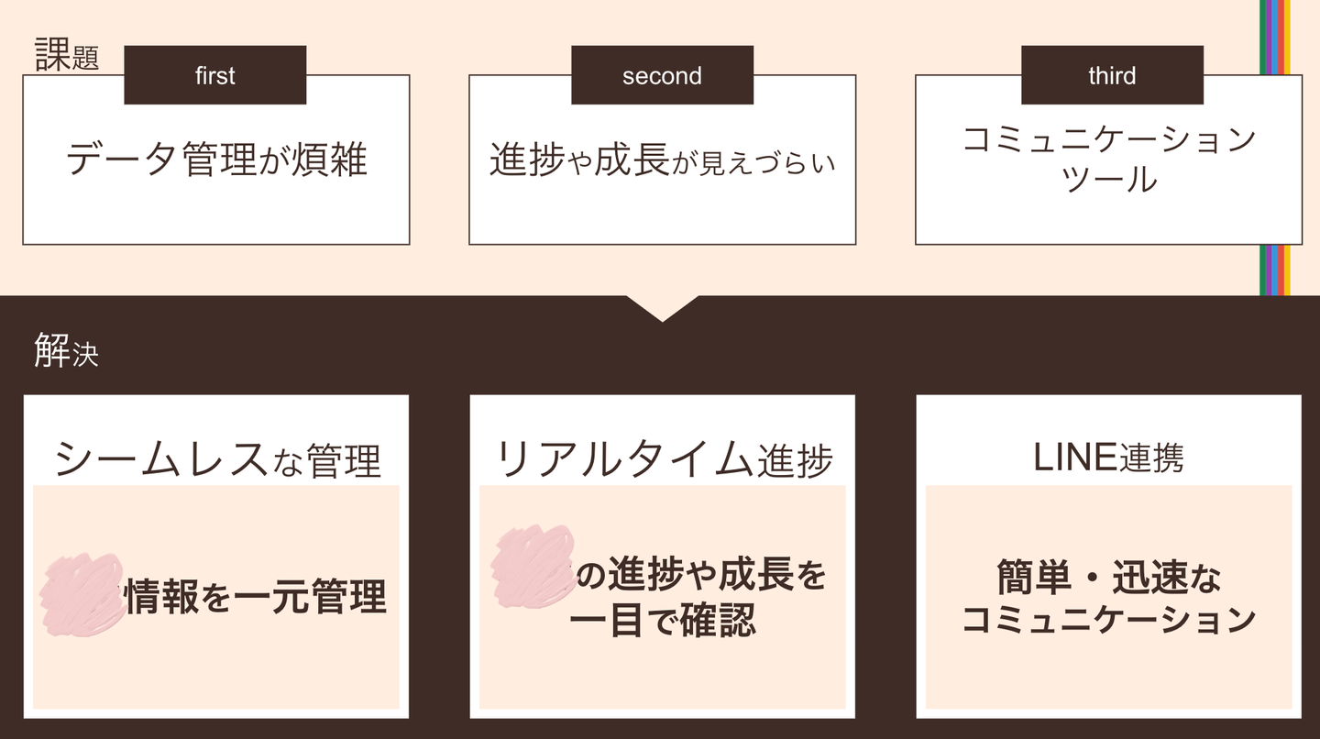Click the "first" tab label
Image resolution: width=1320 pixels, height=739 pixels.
[215, 75]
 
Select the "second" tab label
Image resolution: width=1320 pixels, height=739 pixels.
[662, 75]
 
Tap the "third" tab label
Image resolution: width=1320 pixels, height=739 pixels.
[1112, 75]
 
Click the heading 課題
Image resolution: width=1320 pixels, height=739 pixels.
[66, 56]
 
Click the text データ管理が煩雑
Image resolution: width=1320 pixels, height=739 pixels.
[216, 160]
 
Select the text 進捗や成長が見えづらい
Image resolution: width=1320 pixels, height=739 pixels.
[662, 161]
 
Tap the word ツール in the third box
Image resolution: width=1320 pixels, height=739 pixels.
[1109, 180]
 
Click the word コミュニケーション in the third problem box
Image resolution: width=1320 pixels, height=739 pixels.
[1109, 140]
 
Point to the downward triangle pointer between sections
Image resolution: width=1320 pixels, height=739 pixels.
[662, 307]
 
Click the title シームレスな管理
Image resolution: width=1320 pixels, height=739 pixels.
[217, 459]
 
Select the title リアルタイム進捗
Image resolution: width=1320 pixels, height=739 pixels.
[664, 459]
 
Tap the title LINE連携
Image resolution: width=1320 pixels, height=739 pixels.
[1108, 458]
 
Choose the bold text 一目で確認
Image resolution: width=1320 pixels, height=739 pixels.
[663, 620]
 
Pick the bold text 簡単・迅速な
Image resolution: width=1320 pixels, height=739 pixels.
[1109, 579]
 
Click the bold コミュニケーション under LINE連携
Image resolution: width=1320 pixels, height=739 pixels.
[1109, 620]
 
